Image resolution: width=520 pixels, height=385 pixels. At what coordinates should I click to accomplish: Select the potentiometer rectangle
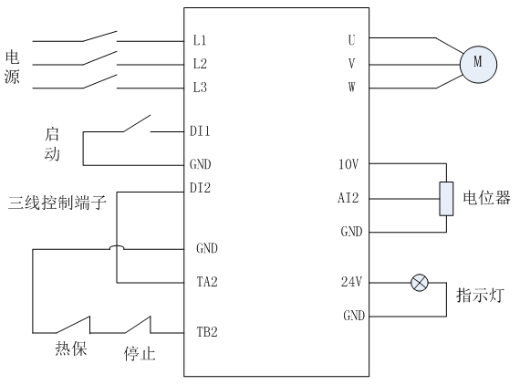pos(446,199)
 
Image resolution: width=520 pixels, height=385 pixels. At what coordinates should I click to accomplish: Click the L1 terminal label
pos(200,40)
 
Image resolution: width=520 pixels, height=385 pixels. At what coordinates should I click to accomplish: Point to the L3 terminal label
pos(200,88)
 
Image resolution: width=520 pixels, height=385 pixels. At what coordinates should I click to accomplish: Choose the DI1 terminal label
pos(200,131)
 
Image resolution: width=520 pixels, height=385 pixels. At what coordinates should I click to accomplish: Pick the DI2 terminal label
pos(200,188)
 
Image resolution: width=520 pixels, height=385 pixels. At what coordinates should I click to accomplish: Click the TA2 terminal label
pos(207,282)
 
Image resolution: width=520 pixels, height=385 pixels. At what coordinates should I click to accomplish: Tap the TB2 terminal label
pos(207,332)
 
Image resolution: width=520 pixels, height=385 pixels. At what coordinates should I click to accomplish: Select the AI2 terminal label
pos(348,198)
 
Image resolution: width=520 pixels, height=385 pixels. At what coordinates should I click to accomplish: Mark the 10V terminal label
pos(348,164)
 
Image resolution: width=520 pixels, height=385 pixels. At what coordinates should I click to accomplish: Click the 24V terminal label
pos(351,282)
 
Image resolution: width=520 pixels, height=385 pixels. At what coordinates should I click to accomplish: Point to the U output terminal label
pos(351,40)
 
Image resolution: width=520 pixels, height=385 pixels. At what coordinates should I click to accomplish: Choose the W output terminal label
pos(351,88)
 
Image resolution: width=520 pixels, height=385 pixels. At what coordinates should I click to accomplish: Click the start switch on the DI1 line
pos(137,124)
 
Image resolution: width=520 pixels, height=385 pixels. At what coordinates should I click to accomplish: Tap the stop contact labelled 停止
pos(138,325)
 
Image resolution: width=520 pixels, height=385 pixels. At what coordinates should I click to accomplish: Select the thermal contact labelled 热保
pos(73,325)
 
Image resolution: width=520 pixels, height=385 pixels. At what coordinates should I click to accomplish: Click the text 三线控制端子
pos(57,203)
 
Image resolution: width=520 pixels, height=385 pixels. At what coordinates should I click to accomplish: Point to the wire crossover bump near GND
pos(117,247)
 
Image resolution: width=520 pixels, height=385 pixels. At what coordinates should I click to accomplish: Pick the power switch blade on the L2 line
pos(99,58)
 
